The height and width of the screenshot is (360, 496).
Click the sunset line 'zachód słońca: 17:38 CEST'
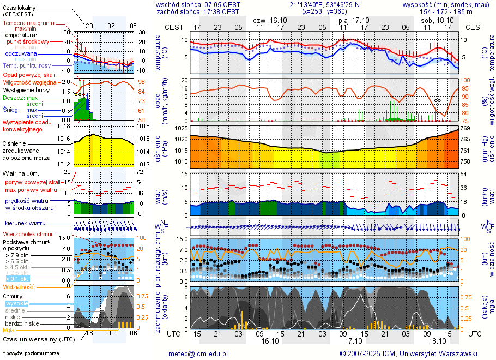click(x=197, y=11)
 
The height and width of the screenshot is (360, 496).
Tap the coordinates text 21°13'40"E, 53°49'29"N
click(x=324, y=4)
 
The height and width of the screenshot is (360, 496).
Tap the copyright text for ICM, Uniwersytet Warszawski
click(x=408, y=353)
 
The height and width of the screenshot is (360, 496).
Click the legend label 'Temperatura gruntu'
click(x=28, y=23)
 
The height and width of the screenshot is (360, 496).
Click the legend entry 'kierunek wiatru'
click(x=25, y=224)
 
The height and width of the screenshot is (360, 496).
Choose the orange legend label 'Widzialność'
click(x=19, y=286)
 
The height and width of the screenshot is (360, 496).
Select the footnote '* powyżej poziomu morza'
click(x=31, y=353)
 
